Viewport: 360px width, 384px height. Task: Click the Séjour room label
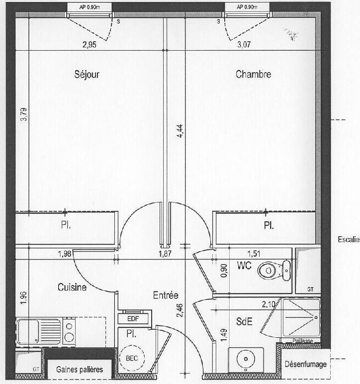point(87,74)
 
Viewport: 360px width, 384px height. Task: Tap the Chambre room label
point(253,74)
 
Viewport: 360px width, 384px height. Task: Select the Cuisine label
point(72,288)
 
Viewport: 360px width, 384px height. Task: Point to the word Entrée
point(166,295)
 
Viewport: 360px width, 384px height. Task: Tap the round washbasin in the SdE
point(246,359)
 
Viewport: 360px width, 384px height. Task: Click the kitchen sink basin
point(28,331)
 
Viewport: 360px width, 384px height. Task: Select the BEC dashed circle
point(132,358)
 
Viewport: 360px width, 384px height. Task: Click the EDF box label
point(133,319)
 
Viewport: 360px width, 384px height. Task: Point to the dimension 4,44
point(180,131)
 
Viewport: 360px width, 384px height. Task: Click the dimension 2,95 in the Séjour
point(90,45)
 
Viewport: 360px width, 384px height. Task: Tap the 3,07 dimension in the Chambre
point(244,45)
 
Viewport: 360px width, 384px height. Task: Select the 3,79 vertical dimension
point(24,114)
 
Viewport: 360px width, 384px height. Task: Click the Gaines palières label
point(80,369)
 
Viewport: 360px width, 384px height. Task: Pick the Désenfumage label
point(306,365)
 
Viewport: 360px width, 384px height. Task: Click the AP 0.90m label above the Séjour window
point(90,7)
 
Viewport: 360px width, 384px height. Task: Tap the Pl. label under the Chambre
point(269,225)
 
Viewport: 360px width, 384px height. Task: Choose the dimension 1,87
point(165,254)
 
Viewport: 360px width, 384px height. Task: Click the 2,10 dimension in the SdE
point(269,304)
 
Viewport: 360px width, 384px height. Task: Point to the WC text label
point(244,266)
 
